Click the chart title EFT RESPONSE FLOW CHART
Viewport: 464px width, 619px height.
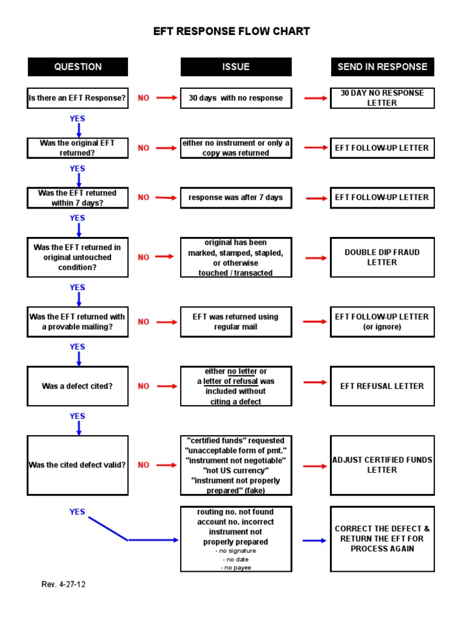coord(231,31)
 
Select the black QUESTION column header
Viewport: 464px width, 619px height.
coord(78,67)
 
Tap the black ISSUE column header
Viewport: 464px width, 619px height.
coord(236,67)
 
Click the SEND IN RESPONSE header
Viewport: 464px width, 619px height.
coord(382,67)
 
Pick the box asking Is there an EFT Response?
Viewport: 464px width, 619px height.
coord(78,98)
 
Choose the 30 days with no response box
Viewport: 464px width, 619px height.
coord(236,98)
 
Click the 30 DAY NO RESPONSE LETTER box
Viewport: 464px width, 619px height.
coord(382,98)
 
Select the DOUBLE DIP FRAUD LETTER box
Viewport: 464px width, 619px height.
coord(382,258)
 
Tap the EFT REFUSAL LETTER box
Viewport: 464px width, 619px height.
coord(382,386)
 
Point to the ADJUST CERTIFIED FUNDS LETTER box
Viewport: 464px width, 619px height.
coord(382,465)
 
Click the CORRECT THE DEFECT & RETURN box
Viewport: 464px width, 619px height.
coord(382,539)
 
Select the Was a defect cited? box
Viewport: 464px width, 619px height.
coord(78,386)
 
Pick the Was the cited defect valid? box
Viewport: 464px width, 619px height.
coord(78,465)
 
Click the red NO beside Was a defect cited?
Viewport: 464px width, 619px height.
coord(143,386)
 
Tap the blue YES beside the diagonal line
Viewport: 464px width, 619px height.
coord(77,512)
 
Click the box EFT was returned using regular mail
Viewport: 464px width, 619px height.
coord(236,322)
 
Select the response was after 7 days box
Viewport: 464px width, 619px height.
coord(236,198)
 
